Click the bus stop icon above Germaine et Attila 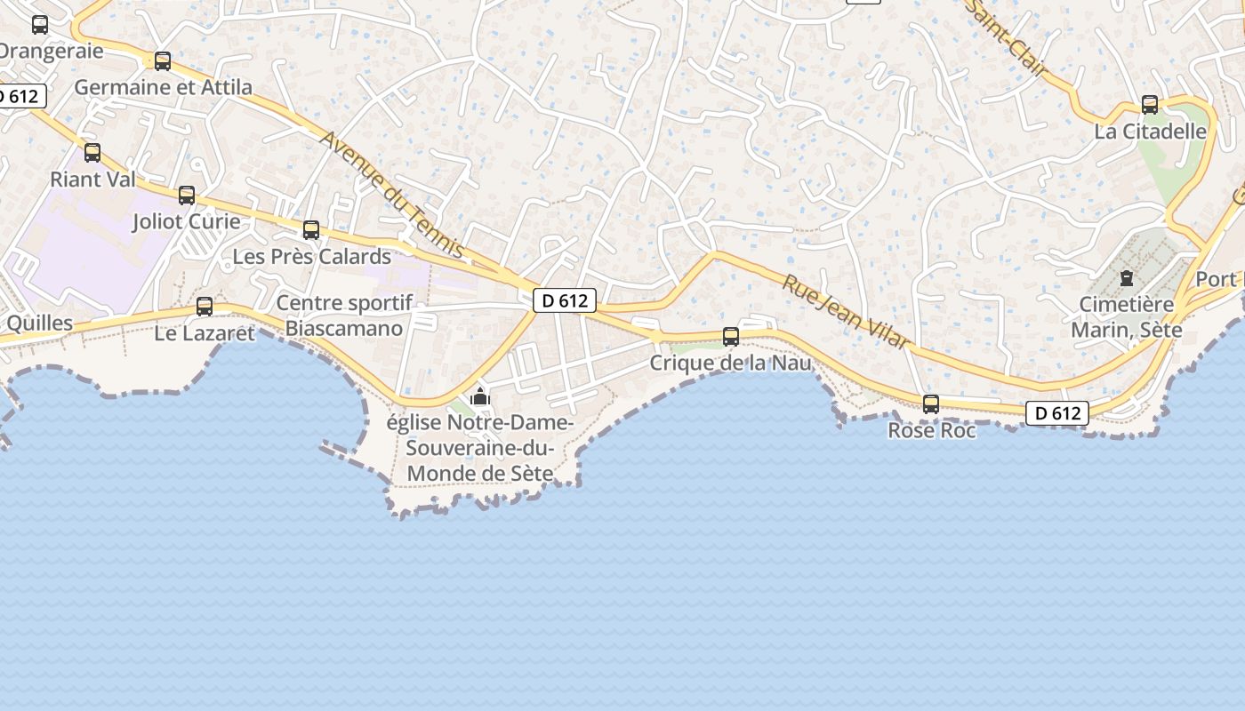coord(163,61)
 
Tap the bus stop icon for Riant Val coord(92,153)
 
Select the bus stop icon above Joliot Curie coord(187,196)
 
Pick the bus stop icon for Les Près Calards coord(311,230)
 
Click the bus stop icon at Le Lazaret coord(205,307)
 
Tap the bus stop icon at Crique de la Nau coord(731,337)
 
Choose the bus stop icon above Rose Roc coord(931,404)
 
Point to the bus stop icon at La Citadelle coord(1150,105)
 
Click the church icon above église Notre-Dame coord(480,395)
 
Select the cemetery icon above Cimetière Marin coord(1127,278)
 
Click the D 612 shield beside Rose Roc coord(1057,413)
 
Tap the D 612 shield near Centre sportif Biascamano coord(565,300)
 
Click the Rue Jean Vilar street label coord(846,311)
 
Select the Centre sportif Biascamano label coord(344,316)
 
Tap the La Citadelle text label coord(1151,132)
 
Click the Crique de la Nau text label coord(731,363)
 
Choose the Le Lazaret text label coord(205,333)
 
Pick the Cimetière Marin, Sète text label coord(1127,317)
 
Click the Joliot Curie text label coord(187,221)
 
